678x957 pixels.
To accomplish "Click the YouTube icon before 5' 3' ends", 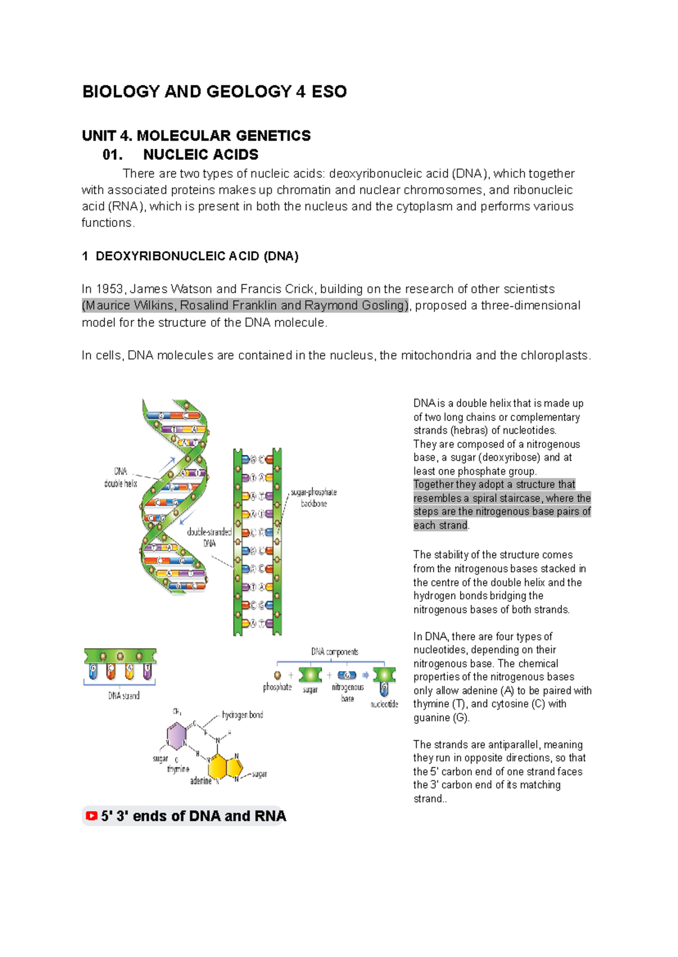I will pyautogui.click(x=91, y=816).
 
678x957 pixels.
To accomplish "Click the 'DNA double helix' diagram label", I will pyautogui.click(x=120, y=477).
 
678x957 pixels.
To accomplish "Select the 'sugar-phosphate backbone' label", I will pyautogui.click(x=314, y=498).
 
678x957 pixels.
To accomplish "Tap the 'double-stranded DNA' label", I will pyautogui.click(x=209, y=537).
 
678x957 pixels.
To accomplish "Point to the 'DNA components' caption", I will pyautogui.click(x=334, y=651).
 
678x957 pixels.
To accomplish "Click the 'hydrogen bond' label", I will pyautogui.click(x=242, y=715).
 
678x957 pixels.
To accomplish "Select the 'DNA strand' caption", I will pyautogui.click(x=124, y=695).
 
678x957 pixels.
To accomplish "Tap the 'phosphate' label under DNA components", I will pyautogui.click(x=277, y=687).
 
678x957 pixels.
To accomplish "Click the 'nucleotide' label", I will pyautogui.click(x=384, y=704).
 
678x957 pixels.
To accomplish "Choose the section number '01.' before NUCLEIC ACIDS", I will pyautogui.click(x=113, y=155).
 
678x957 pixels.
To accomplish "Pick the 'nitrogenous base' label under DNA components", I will pyautogui.click(x=347, y=693).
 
